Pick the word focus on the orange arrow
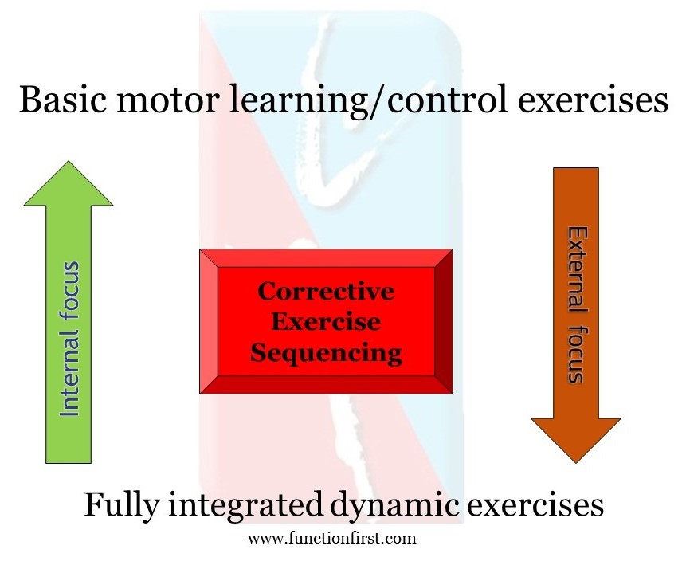576,351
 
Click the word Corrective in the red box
325,292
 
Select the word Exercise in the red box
325,321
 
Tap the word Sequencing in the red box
325,352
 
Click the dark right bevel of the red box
444,321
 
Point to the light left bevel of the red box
208,321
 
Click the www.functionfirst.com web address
331,538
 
